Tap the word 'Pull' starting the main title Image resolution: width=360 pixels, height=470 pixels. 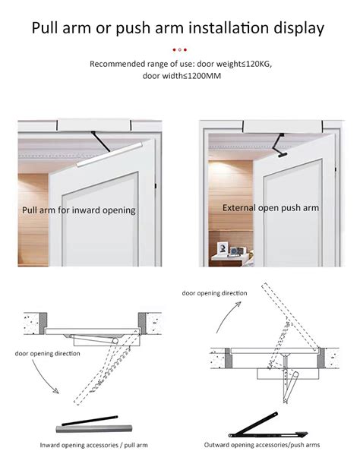(x=49, y=29)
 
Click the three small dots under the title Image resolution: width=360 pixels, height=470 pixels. (x=180, y=49)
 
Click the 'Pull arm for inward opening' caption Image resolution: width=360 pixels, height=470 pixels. (x=79, y=210)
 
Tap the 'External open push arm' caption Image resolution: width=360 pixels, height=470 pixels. (x=270, y=207)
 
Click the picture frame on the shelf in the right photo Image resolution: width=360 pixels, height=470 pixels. (x=225, y=248)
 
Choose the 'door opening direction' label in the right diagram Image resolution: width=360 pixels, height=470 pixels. (x=214, y=292)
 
